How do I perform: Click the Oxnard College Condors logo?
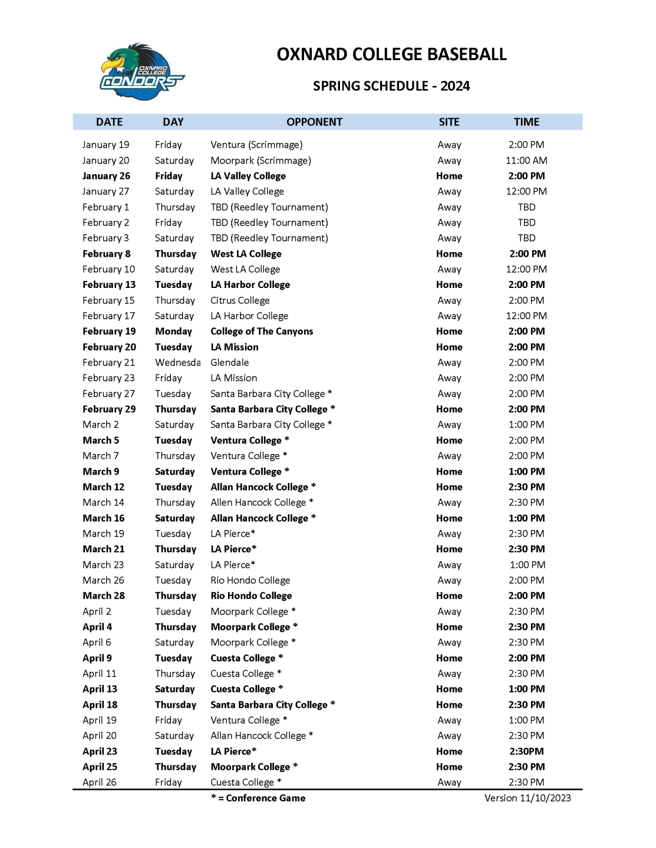pos(141,72)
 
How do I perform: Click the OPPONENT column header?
pos(314,122)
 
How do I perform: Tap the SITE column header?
pos(449,122)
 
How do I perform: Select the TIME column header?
pos(526,122)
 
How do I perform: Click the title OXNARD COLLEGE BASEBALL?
pos(391,55)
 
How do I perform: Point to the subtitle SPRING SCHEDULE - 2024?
pos(391,86)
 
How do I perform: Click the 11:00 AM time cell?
pos(526,160)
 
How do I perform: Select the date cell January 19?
pos(106,145)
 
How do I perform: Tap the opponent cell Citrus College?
pos(240,300)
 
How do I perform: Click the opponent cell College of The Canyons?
pos(262,332)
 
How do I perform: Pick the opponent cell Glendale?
pos(230,363)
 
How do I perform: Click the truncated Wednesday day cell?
pos(177,363)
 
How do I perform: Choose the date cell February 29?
pos(109,409)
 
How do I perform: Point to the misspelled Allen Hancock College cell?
pos(262,502)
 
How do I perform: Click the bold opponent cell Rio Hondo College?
pos(251,596)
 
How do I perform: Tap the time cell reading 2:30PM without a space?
pos(526,751)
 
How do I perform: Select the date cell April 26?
pos(100,783)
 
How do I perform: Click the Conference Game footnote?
pos(258,799)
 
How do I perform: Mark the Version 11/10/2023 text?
pos(528,799)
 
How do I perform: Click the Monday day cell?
pos(173,332)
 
